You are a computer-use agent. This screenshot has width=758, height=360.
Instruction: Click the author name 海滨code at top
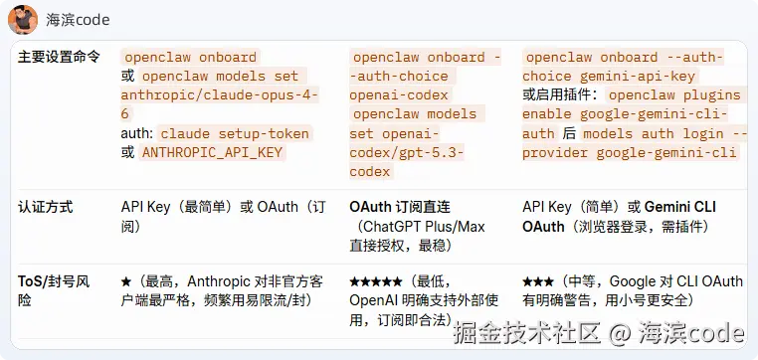click(79, 20)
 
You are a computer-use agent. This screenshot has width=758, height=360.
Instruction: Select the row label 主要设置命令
click(59, 57)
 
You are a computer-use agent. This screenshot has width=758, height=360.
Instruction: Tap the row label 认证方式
click(46, 208)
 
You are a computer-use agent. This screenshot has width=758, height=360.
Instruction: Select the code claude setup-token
click(235, 133)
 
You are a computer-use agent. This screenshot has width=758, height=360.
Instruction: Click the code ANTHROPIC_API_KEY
click(212, 152)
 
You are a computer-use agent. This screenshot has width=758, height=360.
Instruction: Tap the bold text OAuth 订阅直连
click(400, 208)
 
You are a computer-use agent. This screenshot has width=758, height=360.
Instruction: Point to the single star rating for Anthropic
click(126, 281)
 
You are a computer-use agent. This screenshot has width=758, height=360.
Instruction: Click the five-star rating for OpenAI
click(376, 281)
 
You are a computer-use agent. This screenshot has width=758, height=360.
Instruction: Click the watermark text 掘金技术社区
click(527, 333)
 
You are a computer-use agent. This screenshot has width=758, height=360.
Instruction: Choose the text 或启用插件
click(560, 95)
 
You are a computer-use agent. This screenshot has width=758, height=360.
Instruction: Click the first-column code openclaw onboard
click(189, 58)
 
